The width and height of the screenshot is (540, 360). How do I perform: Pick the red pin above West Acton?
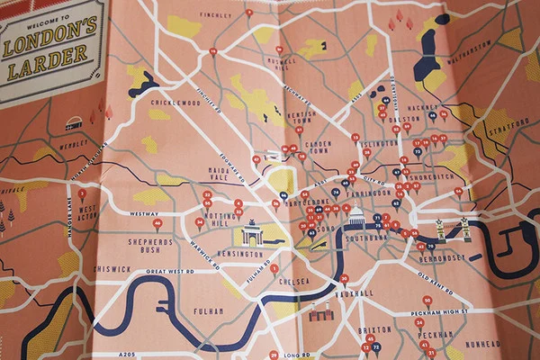tap(82, 193)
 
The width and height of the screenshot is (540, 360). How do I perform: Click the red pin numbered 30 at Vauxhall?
tap(343, 279)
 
